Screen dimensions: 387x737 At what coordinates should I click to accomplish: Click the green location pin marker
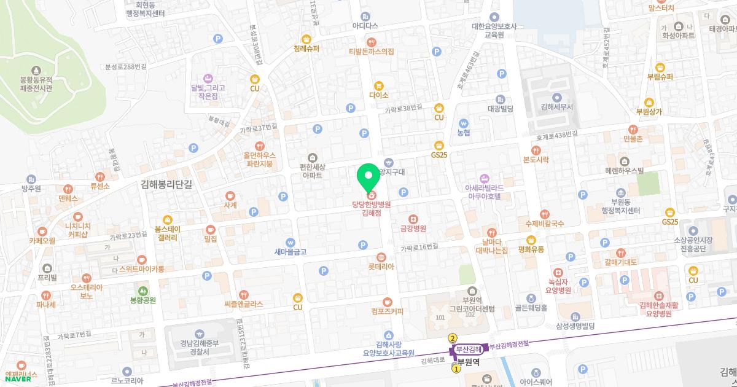[368, 178]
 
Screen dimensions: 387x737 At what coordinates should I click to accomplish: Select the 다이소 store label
[379, 95]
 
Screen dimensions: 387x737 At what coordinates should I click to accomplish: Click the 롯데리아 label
[381, 267]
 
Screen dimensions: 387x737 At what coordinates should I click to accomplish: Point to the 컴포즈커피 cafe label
[388, 311]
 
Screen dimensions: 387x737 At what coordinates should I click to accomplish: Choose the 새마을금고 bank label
[291, 251]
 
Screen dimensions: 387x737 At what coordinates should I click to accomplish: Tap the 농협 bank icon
[464, 122]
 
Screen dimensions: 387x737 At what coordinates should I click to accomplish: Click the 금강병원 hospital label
[413, 228]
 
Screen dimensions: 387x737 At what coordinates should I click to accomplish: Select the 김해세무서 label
[557, 106]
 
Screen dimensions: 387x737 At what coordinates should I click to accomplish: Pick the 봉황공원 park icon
[143, 290]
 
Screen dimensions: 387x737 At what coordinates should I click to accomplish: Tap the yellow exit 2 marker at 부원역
[453, 337]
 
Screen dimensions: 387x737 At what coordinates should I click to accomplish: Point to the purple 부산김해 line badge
[469, 349]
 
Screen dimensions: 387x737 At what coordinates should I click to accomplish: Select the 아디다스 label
[365, 26]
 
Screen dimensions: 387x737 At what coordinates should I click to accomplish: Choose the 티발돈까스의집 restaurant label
[371, 52]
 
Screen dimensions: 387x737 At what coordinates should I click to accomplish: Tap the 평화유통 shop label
[531, 249]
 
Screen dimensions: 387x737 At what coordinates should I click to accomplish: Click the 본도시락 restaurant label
[536, 159]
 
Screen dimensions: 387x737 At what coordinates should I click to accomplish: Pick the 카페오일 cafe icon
[42, 232]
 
